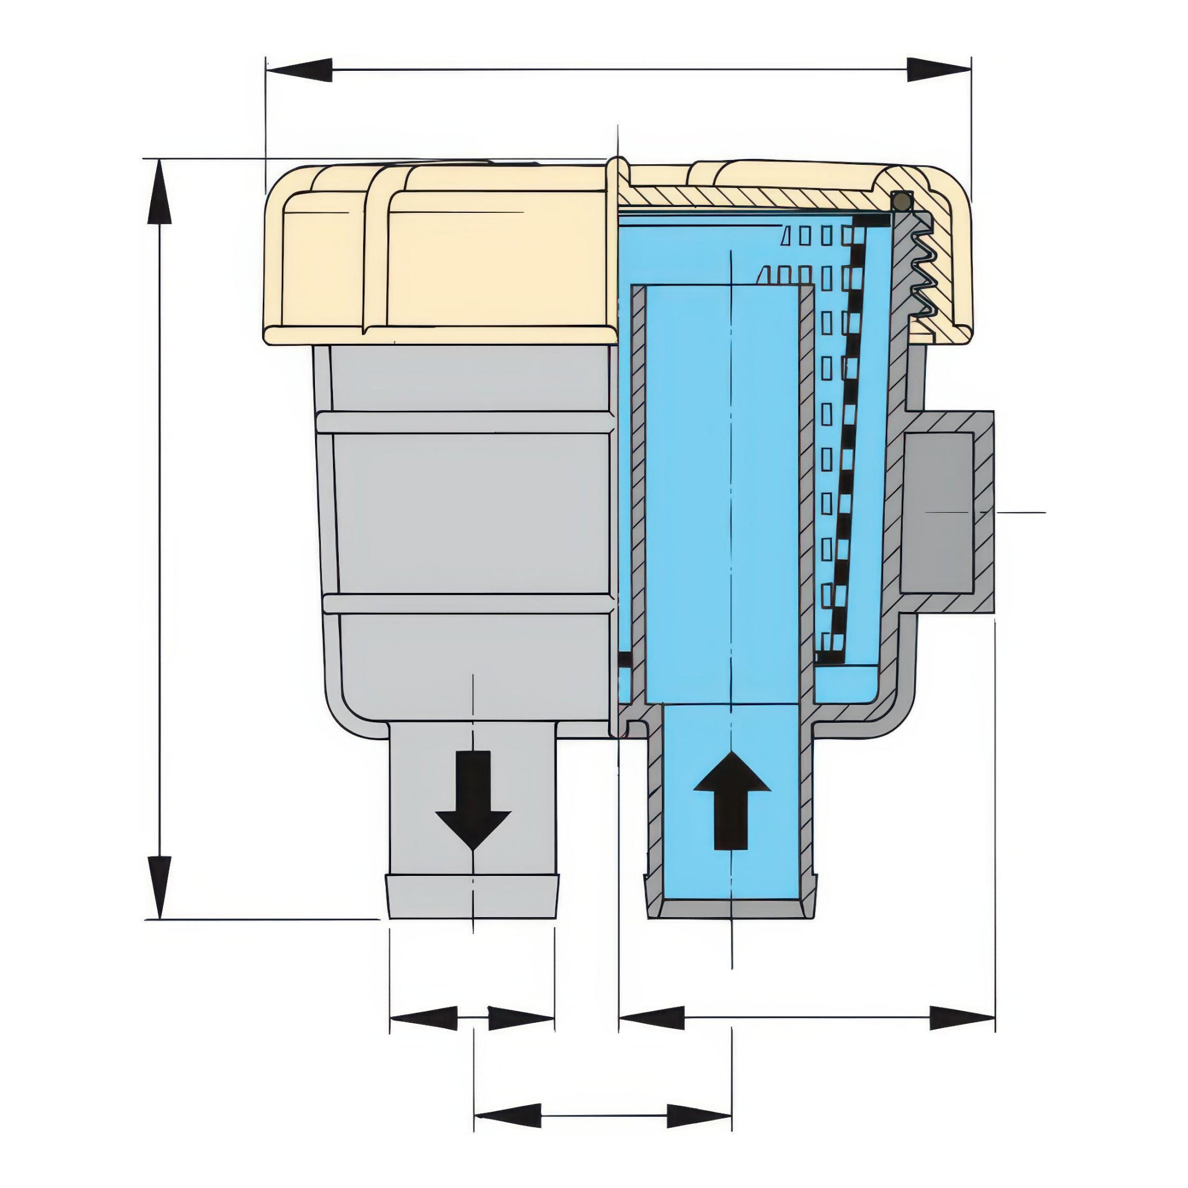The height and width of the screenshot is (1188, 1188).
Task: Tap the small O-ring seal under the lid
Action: pyautogui.click(x=901, y=201)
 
